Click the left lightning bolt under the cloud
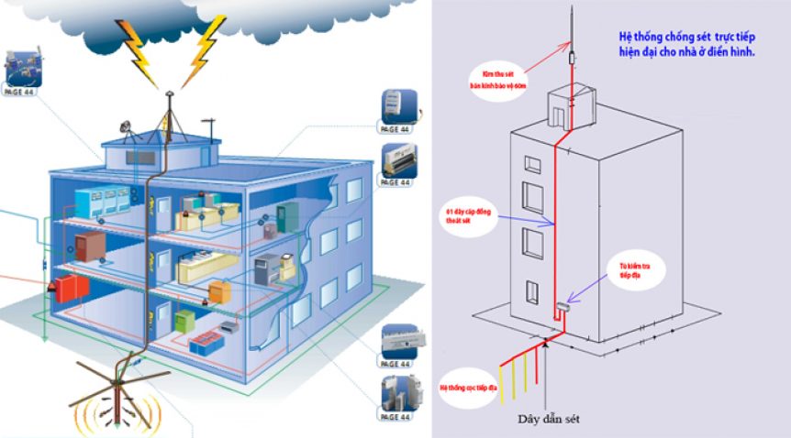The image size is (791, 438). [x=138, y=53]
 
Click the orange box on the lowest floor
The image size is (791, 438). [x=221, y=292]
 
